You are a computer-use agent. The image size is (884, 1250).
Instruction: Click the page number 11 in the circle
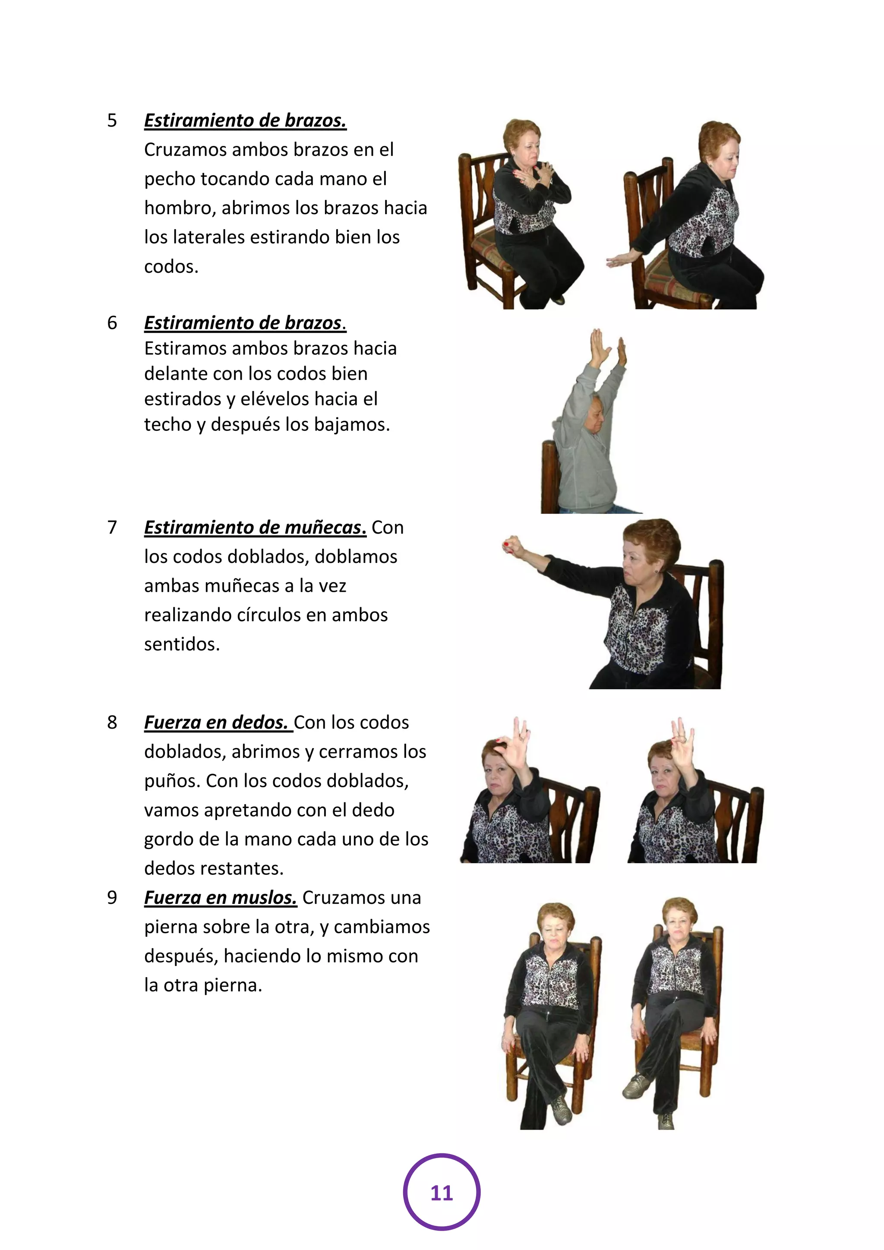tap(442, 1193)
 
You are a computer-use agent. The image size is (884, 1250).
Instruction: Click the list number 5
tap(112, 120)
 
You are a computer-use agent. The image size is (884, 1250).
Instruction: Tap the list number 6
tap(112, 323)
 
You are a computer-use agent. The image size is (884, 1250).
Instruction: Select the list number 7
tap(112, 527)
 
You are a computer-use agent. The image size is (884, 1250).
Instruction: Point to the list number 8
tap(112, 722)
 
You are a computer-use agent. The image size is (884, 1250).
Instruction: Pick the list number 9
tap(112, 897)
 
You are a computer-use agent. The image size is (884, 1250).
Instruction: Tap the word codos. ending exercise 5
tap(171, 266)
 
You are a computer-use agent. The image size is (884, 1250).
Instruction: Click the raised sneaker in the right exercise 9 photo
tap(634, 1086)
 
